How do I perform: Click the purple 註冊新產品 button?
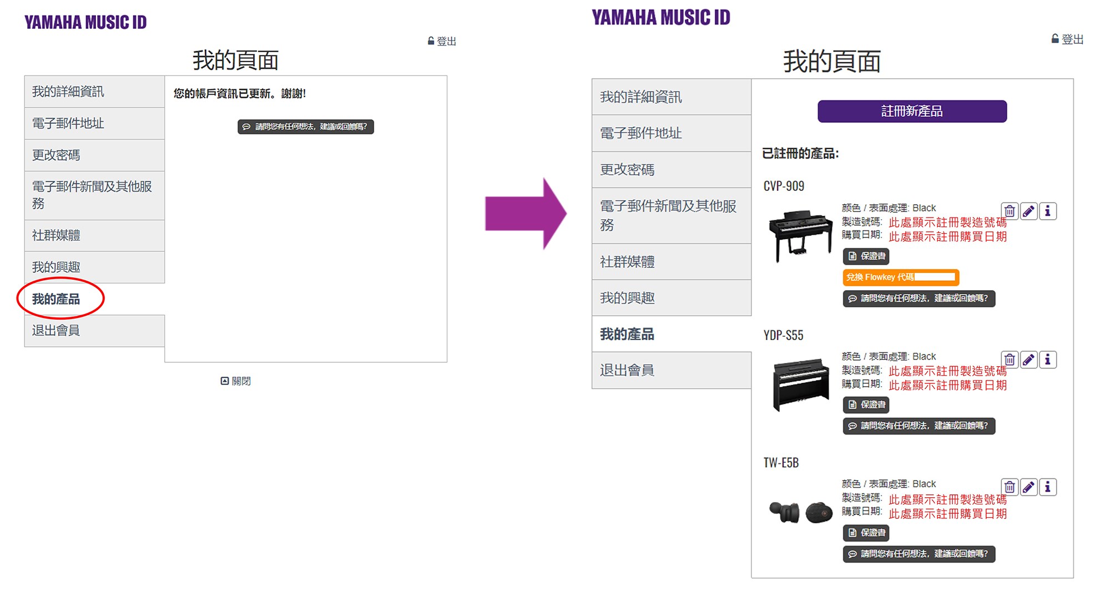point(911,111)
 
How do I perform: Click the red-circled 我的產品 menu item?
point(56,299)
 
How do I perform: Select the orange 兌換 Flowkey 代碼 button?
point(900,277)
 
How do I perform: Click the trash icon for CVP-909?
point(1010,211)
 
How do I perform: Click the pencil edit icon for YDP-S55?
point(1028,360)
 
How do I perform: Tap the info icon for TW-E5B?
point(1047,487)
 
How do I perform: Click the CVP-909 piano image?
point(800,235)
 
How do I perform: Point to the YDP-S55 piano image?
point(800,384)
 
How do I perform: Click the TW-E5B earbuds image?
point(800,512)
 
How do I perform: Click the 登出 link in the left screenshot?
point(442,41)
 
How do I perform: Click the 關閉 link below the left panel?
point(236,381)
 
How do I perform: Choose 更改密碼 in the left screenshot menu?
point(56,155)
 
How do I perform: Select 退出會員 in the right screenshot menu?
point(627,370)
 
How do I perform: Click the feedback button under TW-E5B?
point(919,554)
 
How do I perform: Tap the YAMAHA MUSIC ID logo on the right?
point(660,18)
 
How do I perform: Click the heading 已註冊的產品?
point(800,154)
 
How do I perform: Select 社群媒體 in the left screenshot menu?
point(56,235)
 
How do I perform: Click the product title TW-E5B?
point(781,463)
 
